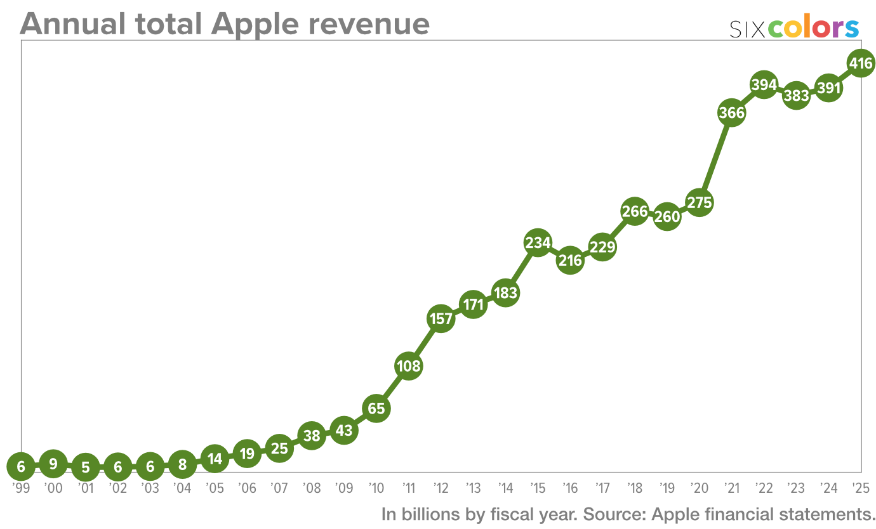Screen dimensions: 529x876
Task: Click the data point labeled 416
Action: (x=861, y=63)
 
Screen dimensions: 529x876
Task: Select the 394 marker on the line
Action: (x=764, y=84)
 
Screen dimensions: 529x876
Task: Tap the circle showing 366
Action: (x=731, y=113)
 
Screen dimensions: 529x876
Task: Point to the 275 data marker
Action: (x=699, y=203)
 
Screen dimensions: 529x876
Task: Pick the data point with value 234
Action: (x=538, y=242)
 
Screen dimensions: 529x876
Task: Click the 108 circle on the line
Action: (x=408, y=366)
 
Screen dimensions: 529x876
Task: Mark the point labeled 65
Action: (x=376, y=408)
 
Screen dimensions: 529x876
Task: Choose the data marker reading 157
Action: (x=441, y=318)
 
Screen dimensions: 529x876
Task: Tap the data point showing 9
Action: (x=53, y=464)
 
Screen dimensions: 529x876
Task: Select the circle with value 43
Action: (x=343, y=431)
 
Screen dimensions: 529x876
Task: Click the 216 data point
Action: (x=570, y=260)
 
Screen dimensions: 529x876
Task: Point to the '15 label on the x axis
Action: (x=538, y=488)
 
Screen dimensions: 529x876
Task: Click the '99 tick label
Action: (x=21, y=488)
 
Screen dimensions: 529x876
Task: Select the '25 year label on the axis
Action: (x=861, y=488)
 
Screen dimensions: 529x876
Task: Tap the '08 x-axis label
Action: (x=311, y=488)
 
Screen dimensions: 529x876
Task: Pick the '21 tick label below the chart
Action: (x=731, y=488)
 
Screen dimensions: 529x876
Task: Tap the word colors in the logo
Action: (x=814, y=29)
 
